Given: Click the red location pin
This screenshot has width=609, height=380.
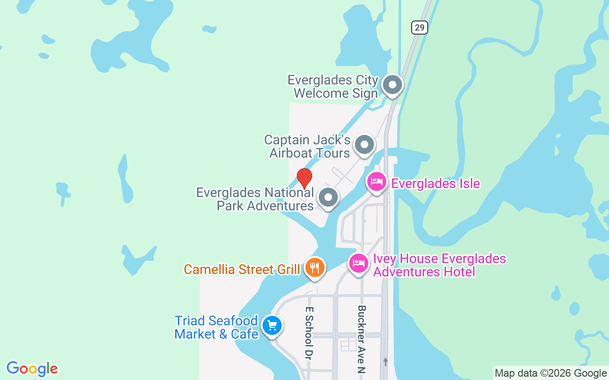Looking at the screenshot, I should click(304, 178).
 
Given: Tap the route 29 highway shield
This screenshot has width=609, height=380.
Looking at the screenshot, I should click(419, 28).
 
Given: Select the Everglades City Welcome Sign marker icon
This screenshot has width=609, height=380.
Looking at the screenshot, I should click(393, 85).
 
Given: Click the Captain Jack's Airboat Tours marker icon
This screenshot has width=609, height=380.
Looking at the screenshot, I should click(364, 144).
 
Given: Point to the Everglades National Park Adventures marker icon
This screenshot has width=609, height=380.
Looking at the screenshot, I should click(328, 197).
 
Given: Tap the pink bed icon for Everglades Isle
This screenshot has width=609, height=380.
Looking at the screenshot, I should click(377, 182).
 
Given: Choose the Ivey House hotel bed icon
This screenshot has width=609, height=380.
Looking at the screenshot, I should click(359, 263).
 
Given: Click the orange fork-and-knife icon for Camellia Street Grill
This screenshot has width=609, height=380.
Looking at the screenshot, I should click(314, 267).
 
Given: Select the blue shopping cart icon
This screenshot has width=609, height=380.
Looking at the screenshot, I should click(272, 326).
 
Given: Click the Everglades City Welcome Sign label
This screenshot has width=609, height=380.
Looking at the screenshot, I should click(333, 86).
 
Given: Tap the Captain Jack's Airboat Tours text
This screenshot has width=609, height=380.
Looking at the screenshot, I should click(308, 146).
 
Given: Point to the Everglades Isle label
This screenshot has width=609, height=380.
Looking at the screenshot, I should click(435, 183).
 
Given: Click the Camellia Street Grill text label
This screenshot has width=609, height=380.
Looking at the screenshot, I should click(242, 269).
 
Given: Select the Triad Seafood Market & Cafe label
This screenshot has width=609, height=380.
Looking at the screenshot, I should click(216, 327).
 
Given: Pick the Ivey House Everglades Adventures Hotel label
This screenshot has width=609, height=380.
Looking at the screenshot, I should click(439, 265).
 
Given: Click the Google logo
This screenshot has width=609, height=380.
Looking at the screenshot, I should click(32, 369).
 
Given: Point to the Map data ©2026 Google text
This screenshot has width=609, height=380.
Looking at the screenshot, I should click(550, 373).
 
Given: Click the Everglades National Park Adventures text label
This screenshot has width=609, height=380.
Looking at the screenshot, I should click(255, 199).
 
